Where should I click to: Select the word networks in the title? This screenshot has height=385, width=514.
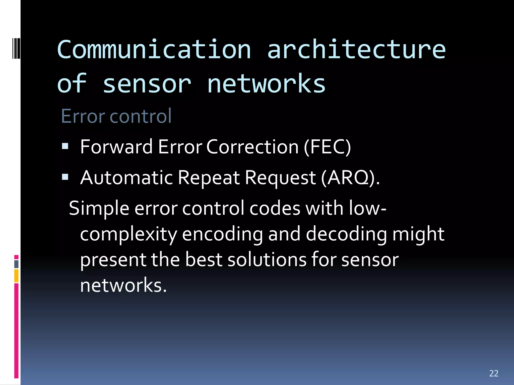pos(266,84)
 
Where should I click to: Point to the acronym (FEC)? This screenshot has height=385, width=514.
pos(327,147)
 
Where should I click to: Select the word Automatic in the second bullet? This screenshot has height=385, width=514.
pos(126,178)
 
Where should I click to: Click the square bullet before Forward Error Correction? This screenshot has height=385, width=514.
pos(65,146)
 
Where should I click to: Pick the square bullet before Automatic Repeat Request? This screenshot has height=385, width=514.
pos(65,177)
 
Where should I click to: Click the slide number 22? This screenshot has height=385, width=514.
pos(494,373)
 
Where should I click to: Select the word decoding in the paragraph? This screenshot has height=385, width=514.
pos(346,234)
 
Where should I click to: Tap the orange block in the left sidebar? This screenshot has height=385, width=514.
pos(16,276)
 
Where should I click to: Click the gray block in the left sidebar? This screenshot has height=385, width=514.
pos(16,264)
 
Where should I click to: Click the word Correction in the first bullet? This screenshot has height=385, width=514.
pos(252,147)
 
